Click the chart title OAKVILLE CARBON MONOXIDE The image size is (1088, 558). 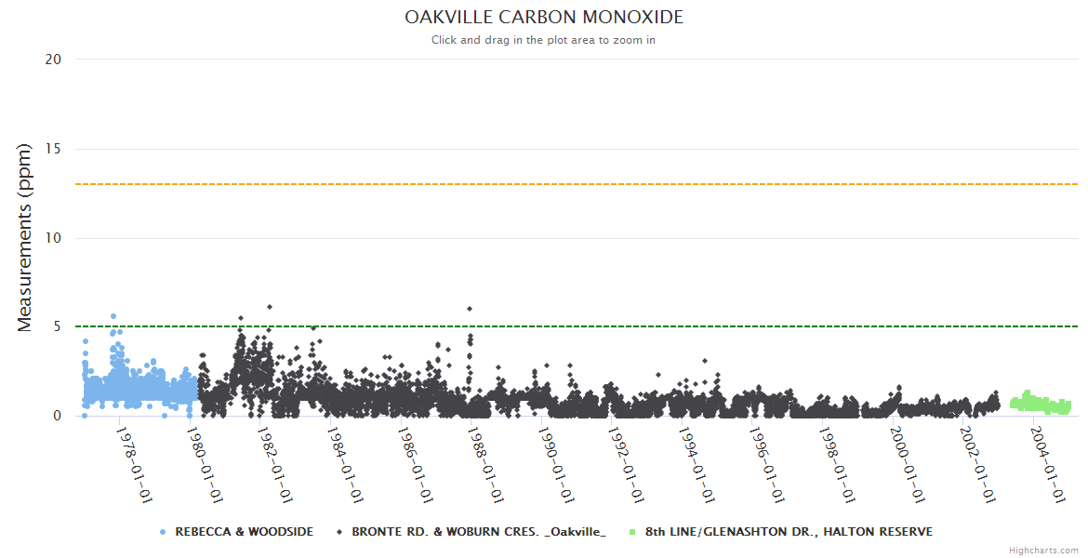point(543,18)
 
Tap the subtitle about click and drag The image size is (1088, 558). point(543,40)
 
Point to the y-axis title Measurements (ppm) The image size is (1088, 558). point(25,238)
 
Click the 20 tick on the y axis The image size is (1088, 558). point(53,60)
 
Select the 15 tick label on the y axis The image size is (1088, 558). point(53,149)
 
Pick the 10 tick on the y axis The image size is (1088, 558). point(53,238)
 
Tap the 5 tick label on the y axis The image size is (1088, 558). point(57,327)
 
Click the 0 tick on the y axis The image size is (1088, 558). point(57,417)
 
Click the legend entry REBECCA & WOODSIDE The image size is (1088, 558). point(244,532)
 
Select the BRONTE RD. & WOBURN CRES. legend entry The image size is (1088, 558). point(478,532)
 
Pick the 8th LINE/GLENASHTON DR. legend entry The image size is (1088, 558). point(789,532)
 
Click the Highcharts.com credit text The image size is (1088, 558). point(1043,551)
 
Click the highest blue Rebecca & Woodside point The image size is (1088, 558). point(113,316)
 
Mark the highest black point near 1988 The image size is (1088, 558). point(470,309)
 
